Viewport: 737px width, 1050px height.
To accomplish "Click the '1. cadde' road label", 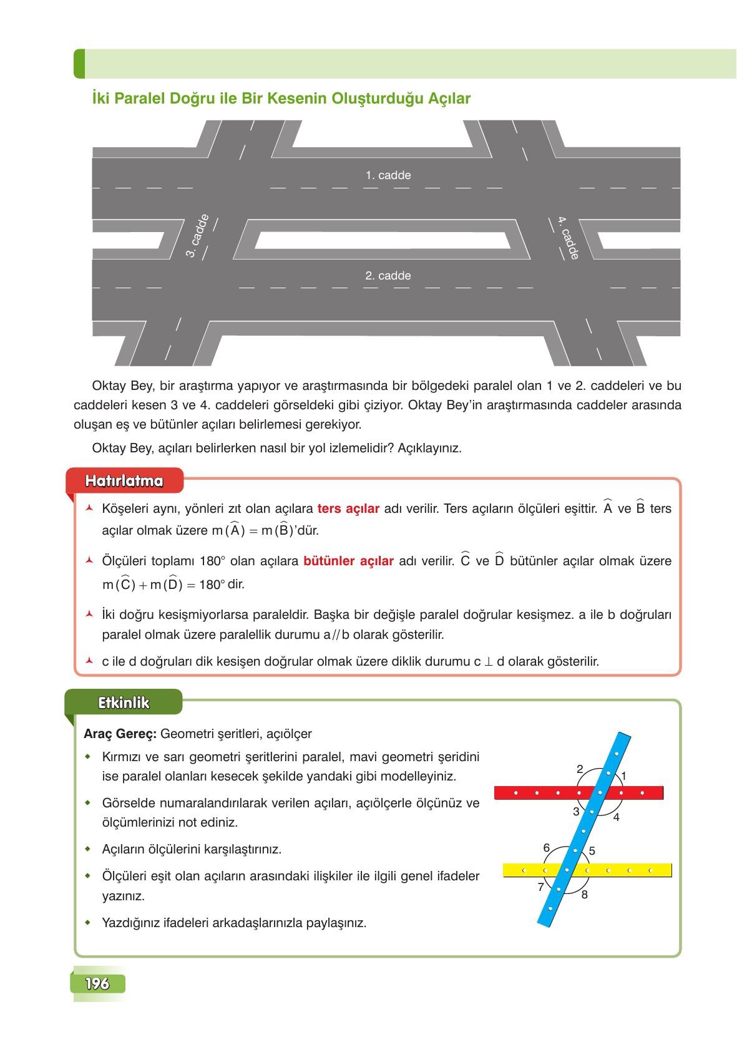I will [x=388, y=175].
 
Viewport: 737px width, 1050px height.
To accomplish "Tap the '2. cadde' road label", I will [x=388, y=276].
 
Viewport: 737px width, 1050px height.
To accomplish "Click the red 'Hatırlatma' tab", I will [x=124, y=481].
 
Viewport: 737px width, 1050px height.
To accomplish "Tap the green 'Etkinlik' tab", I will [x=124, y=702].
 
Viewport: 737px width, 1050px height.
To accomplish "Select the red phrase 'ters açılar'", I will [x=348, y=508].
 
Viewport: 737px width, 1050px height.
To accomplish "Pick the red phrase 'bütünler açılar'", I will [x=348, y=561].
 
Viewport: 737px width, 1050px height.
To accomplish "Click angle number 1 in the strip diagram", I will [x=623, y=775].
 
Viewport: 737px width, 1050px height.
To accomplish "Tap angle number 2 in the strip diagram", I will [x=580, y=769].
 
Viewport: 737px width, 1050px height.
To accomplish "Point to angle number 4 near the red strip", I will [x=616, y=817].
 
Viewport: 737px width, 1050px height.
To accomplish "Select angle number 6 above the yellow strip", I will [x=547, y=848].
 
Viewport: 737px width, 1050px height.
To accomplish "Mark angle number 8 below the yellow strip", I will [x=584, y=895].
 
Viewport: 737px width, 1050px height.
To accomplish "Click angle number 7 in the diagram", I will [x=541, y=887].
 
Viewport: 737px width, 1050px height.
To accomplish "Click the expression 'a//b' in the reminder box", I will [x=336, y=635].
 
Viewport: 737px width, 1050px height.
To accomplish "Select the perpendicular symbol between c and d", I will [x=489, y=662].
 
